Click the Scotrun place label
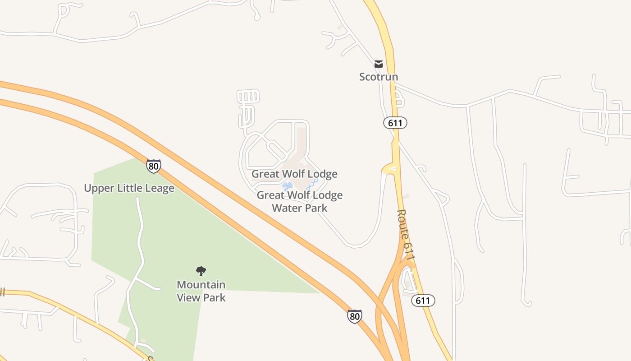(378, 77)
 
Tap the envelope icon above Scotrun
(379, 64)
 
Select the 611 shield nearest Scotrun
(395, 123)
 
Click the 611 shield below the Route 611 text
(423, 301)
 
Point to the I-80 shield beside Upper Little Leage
(153, 166)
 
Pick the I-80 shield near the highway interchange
(355, 316)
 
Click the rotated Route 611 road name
(406, 235)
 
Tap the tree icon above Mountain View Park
(201, 271)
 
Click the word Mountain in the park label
(201, 285)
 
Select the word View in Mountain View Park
(189, 297)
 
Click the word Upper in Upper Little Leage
(99, 188)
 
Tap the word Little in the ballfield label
(128, 188)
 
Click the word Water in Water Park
(286, 208)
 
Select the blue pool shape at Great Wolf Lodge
(287, 185)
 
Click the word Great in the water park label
(270, 195)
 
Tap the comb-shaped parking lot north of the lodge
(248, 102)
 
